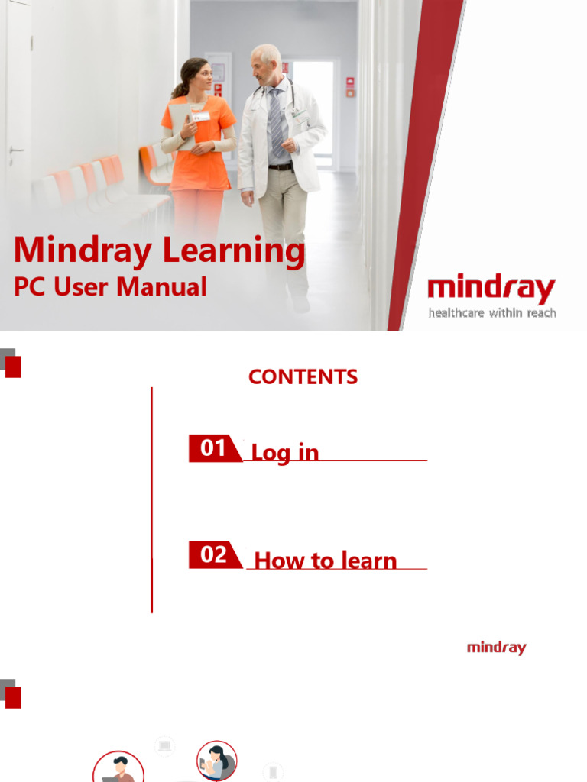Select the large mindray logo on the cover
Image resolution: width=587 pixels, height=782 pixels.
tap(491, 289)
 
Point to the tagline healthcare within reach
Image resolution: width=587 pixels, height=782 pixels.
tap(491, 312)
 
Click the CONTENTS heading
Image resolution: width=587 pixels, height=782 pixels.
tap(303, 376)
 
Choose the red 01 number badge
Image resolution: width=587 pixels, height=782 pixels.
tap(213, 448)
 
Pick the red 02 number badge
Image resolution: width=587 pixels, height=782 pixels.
tap(213, 555)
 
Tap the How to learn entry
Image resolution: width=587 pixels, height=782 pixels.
tap(325, 561)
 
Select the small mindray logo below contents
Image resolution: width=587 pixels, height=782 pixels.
tap(496, 648)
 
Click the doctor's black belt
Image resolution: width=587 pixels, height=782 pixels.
tap(281, 166)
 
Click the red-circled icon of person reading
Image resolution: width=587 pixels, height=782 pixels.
tap(216, 761)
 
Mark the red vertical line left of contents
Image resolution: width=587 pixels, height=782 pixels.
tap(151, 499)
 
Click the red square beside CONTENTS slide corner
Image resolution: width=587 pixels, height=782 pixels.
tap(12, 367)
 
